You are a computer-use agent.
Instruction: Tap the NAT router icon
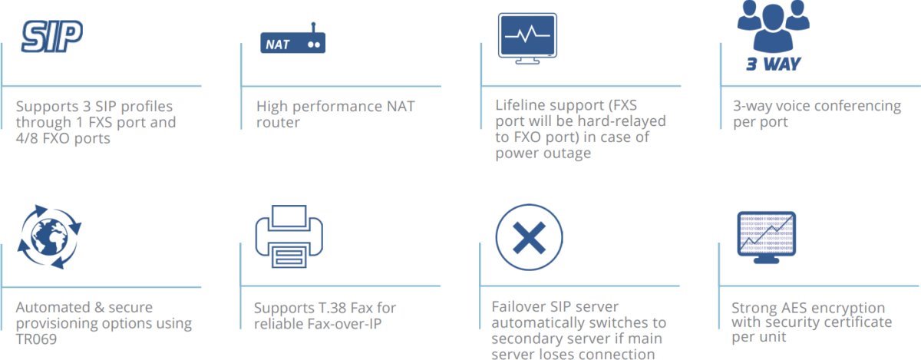pos(293,41)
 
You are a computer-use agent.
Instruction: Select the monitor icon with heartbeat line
pos(528,38)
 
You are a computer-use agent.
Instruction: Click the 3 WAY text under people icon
pos(773,64)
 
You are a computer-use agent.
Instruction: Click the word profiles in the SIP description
pos(141,106)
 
